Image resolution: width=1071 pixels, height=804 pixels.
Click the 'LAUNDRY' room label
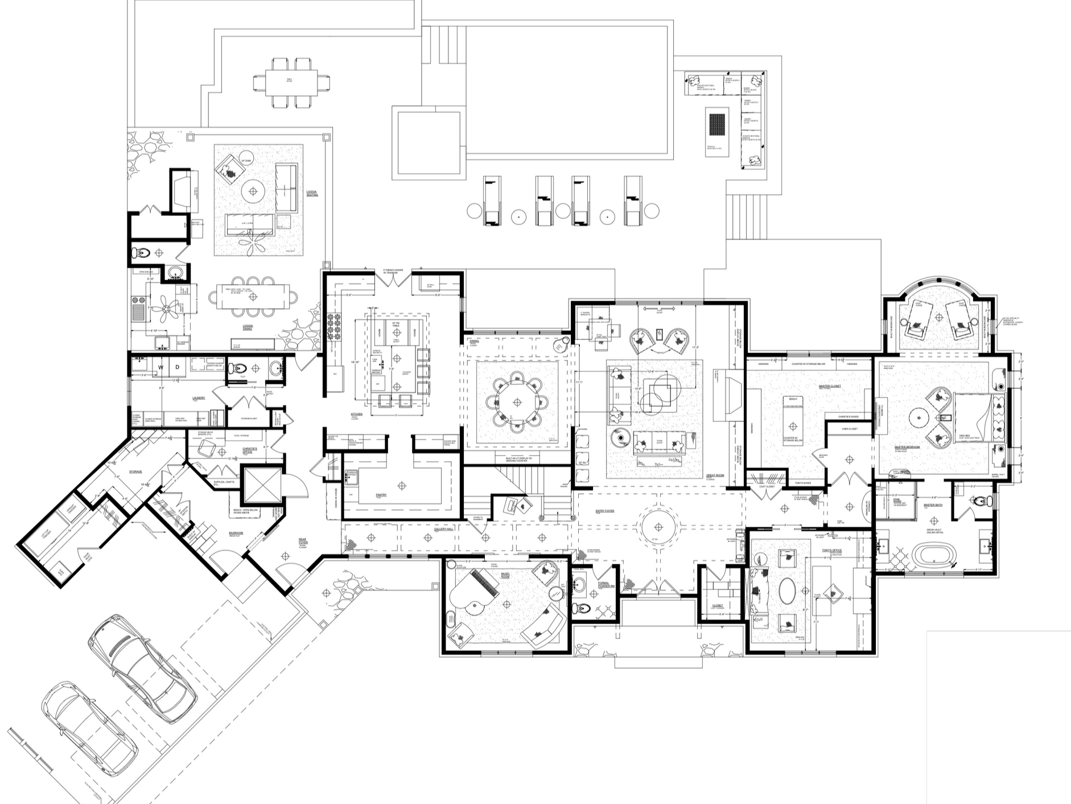[x=199, y=398]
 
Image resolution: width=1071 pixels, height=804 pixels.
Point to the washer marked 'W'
[x=160, y=367]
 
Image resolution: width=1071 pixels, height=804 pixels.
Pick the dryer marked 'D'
[x=178, y=367]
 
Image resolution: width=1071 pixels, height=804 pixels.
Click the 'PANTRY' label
[x=381, y=495]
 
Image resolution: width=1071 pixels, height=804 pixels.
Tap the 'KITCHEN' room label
[x=356, y=415]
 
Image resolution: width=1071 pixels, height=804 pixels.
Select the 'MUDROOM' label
[x=236, y=534]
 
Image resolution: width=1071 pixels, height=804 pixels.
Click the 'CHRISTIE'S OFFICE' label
[x=249, y=450]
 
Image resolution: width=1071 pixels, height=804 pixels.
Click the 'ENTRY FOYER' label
[x=605, y=511]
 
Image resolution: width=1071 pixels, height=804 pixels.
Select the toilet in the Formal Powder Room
[x=580, y=609]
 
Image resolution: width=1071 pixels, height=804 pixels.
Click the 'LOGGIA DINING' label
[x=248, y=327]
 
